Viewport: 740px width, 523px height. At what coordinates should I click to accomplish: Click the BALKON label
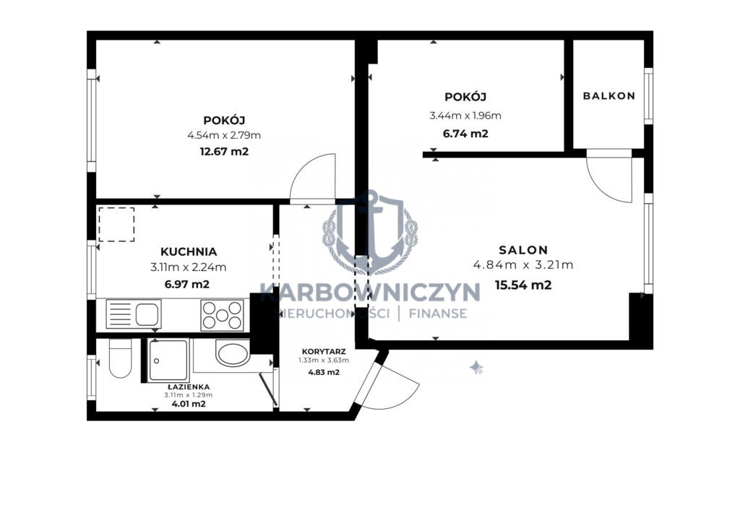click(x=608, y=96)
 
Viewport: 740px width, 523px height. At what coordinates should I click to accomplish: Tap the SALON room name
click(x=523, y=250)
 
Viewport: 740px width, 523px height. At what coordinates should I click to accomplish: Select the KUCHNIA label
click(x=189, y=252)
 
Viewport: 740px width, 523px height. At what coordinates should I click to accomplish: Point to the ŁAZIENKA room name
click(x=189, y=387)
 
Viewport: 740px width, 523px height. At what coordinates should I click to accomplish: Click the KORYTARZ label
click(x=324, y=352)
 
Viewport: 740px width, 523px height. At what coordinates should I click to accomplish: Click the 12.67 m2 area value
click(x=224, y=152)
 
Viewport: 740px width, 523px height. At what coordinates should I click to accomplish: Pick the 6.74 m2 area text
click(x=465, y=134)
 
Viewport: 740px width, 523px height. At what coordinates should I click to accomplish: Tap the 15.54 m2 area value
click(x=523, y=285)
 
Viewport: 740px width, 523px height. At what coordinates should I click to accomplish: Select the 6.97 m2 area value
click(x=187, y=285)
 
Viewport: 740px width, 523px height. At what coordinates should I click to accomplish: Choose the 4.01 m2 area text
click(x=189, y=404)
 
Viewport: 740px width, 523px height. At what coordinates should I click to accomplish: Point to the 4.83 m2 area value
click(x=324, y=372)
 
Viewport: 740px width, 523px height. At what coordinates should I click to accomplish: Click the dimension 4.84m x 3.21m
click(x=523, y=265)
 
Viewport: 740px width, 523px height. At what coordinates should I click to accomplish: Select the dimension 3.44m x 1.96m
click(x=465, y=116)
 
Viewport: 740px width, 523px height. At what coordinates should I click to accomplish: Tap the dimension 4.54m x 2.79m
click(x=224, y=135)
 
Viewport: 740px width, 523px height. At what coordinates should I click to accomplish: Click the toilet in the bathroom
click(x=120, y=358)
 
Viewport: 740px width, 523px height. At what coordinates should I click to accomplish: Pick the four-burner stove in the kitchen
click(x=223, y=315)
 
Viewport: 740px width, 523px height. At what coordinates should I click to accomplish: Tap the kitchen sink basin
click(x=147, y=314)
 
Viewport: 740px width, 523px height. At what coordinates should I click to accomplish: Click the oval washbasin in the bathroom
click(x=233, y=353)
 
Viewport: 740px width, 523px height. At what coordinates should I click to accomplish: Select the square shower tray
click(x=168, y=360)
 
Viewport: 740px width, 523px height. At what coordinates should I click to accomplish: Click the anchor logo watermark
click(x=370, y=232)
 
